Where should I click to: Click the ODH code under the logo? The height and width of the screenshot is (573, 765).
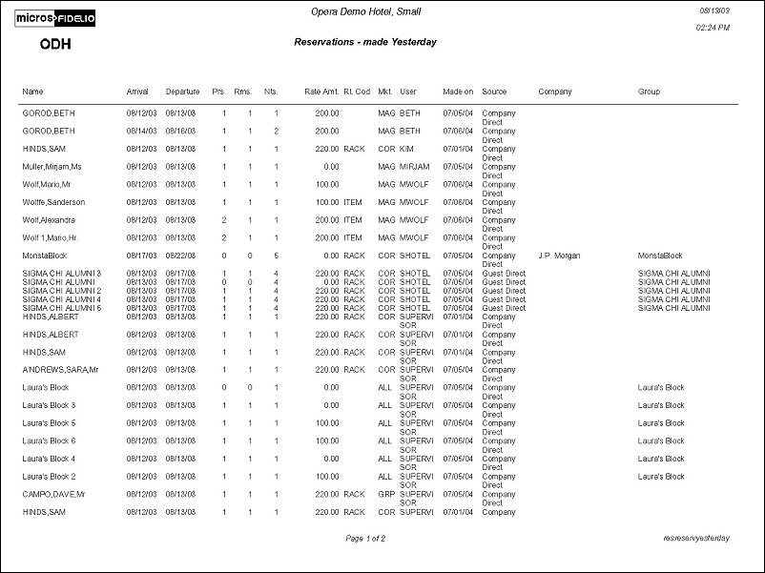click(55, 44)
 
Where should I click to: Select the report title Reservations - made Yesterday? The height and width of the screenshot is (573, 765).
click(365, 42)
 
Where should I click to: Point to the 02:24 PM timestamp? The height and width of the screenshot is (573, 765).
click(713, 28)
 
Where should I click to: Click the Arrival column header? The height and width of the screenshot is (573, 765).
click(137, 92)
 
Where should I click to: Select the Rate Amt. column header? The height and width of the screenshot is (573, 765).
click(321, 92)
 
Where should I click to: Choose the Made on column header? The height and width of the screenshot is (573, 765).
click(458, 92)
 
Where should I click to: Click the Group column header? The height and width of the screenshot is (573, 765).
click(649, 92)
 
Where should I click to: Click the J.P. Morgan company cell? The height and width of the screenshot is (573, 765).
click(559, 256)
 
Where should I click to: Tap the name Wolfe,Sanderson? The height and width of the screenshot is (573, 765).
click(53, 202)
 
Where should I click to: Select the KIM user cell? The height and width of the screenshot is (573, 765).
click(406, 149)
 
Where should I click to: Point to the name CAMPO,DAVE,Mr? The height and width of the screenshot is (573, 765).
click(54, 494)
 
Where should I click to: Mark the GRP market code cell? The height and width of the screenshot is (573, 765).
click(385, 494)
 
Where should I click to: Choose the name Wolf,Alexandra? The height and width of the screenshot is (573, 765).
click(50, 219)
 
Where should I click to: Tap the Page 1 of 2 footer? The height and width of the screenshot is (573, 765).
click(365, 539)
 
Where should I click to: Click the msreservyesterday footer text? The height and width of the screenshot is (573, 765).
click(696, 539)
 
